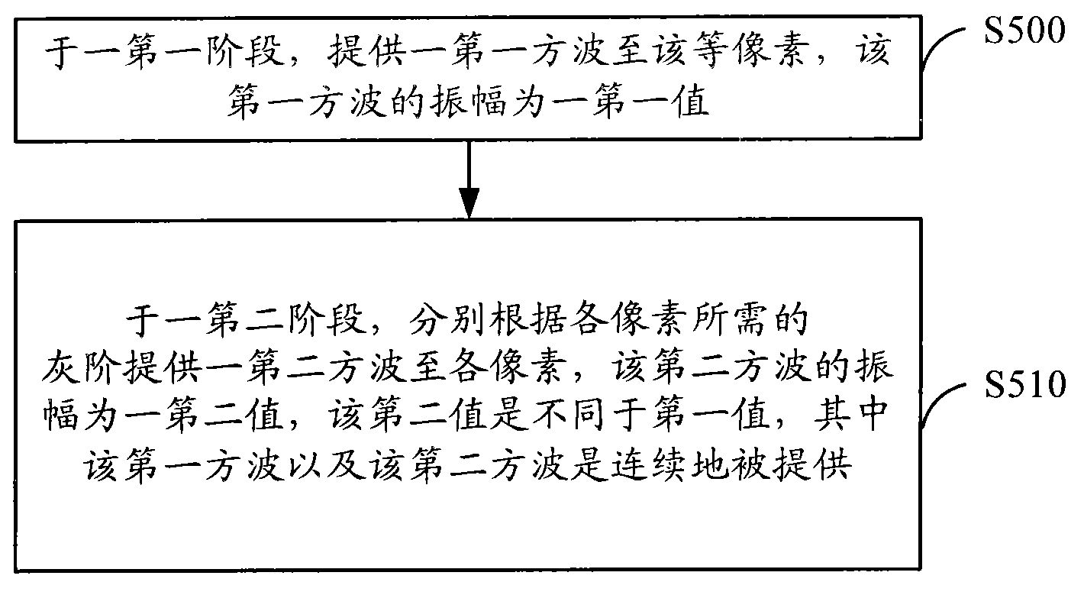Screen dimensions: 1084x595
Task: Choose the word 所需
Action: [734, 319]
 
